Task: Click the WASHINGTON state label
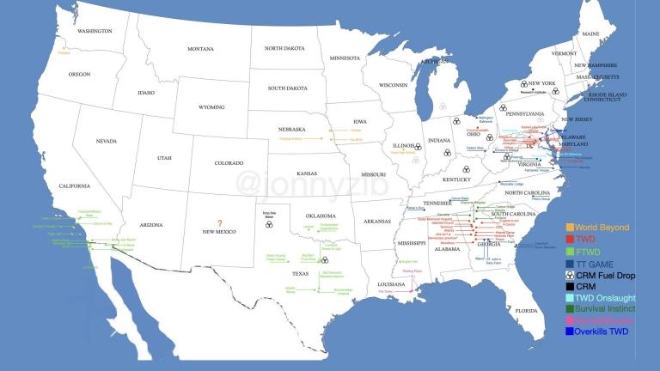[x=95, y=31]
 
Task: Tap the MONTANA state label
[x=200, y=49]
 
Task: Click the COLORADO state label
[x=229, y=163]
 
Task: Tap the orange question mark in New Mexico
[x=219, y=222]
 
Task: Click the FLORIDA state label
[x=526, y=310]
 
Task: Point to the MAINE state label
[x=590, y=34]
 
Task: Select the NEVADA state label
[x=106, y=141]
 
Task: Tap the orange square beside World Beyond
[x=569, y=228]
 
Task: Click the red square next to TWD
[x=569, y=239]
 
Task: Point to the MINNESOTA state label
[x=346, y=58]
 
